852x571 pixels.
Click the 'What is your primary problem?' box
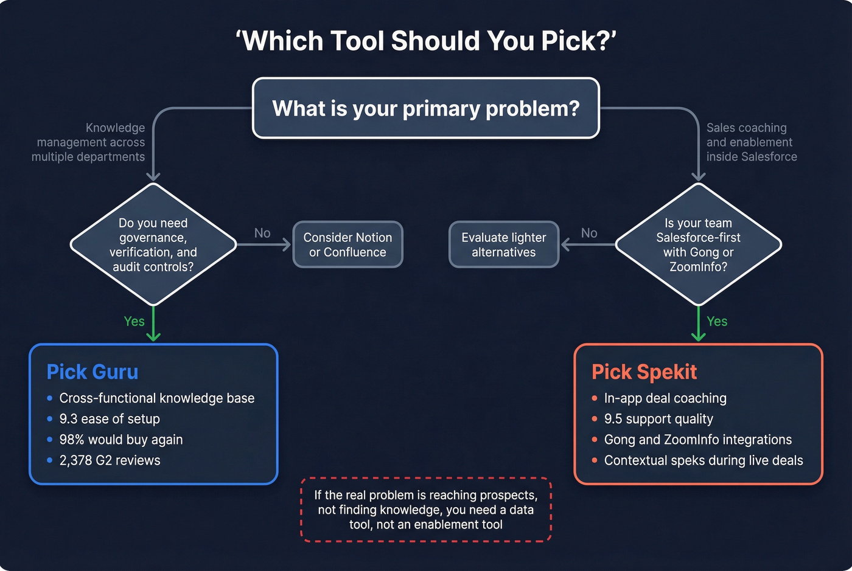pos(426,108)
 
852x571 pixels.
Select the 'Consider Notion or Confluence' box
pos(347,244)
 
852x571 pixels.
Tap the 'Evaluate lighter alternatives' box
pos(503,244)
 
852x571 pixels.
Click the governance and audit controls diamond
pos(153,244)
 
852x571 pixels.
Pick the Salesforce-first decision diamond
pos(698,244)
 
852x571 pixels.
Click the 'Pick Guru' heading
pos(93,372)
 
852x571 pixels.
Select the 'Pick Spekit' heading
pos(644,372)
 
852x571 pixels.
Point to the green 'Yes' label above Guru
pos(134,321)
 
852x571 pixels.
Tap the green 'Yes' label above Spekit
pos(717,321)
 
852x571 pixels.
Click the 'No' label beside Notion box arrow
pos(262,233)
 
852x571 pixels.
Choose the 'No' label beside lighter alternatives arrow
pos(589,233)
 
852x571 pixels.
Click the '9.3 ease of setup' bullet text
pos(110,419)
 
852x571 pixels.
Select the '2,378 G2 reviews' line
pos(110,460)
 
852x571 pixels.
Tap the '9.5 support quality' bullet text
pos(658,419)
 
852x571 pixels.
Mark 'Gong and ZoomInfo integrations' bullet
pos(697,440)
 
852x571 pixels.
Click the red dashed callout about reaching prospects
pos(426,510)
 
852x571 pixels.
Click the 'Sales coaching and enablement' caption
pos(750,142)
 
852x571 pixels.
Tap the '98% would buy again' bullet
pos(120,440)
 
